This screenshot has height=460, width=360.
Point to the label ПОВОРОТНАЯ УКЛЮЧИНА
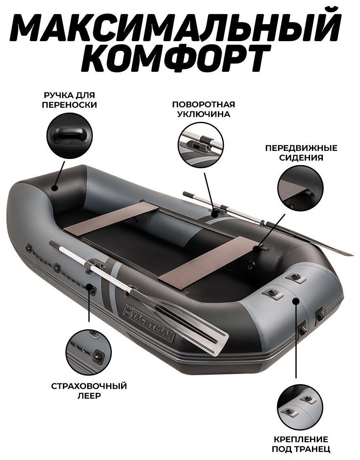203,109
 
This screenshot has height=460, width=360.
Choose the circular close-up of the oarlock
201,144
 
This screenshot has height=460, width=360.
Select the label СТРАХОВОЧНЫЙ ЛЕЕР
89,391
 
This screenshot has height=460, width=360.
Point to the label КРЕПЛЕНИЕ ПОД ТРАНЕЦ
301,444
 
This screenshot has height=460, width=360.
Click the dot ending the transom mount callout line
296,301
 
